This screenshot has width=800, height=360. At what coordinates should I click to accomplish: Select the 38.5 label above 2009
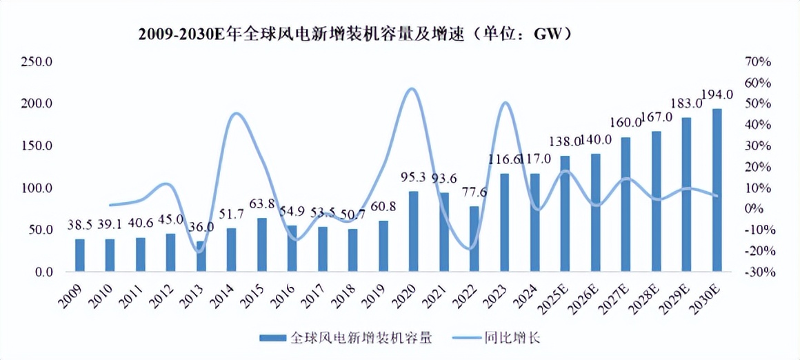coord(80,224)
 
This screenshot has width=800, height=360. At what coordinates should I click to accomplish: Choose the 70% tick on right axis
coord(758,62)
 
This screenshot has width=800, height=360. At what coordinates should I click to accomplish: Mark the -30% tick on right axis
coord(757,272)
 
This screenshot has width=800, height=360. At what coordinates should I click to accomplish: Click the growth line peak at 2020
coord(412,88)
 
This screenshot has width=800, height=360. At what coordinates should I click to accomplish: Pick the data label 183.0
coord(687,103)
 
